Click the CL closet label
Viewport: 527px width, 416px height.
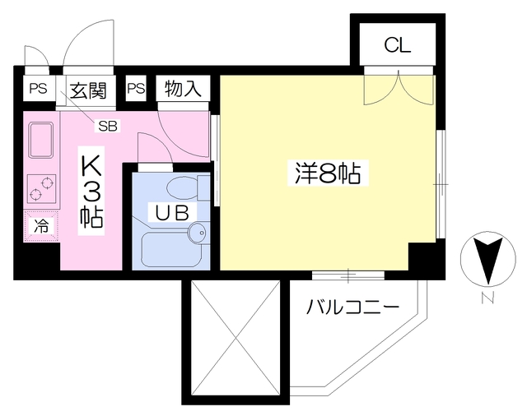(x=397, y=44)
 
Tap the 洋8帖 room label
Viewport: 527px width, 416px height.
(x=327, y=174)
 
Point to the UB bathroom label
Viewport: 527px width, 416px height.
(x=173, y=211)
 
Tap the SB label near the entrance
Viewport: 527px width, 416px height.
(x=108, y=126)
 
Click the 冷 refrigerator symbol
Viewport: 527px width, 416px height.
(x=40, y=224)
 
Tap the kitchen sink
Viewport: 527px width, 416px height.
(x=41, y=141)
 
